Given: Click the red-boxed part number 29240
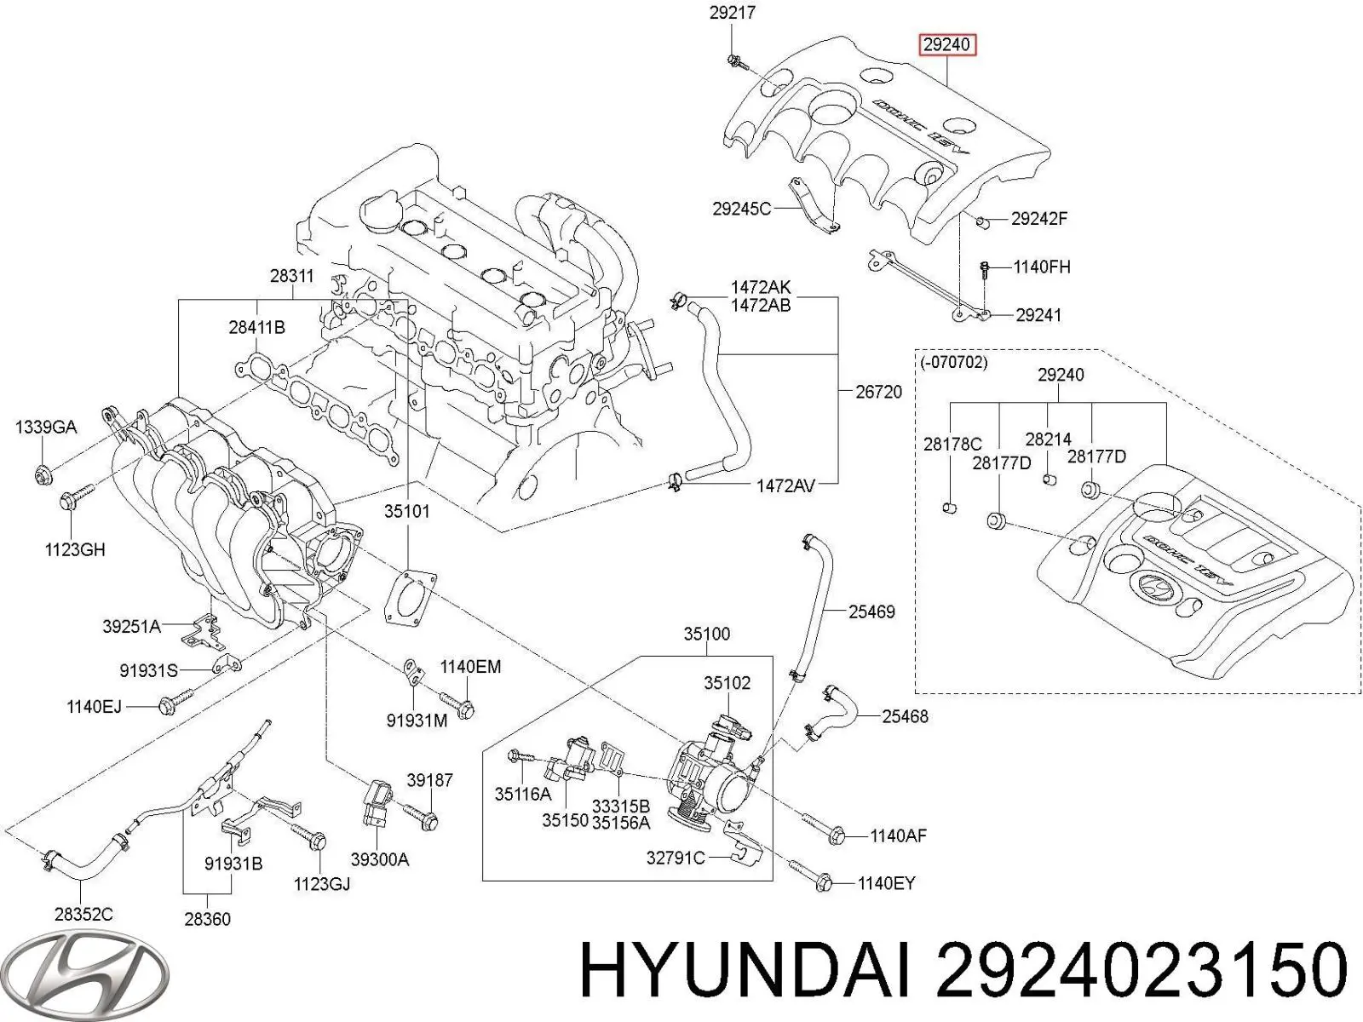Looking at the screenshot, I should click(946, 44).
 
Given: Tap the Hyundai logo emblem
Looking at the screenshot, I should click(106, 973).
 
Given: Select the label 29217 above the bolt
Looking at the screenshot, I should click(732, 13).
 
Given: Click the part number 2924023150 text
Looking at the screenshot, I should click(1142, 972).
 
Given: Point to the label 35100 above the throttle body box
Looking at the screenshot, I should click(706, 634).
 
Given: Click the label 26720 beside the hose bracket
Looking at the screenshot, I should click(878, 393).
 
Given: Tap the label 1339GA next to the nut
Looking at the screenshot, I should click(46, 427).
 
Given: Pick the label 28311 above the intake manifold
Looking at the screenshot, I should click(291, 276).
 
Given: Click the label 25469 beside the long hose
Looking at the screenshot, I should click(871, 611).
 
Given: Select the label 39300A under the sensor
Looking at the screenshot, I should click(380, 860).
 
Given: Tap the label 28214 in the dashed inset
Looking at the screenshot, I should click(1048, 439).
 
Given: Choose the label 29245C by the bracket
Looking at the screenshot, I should click(741, 208).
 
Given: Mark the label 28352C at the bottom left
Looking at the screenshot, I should click(83, 915).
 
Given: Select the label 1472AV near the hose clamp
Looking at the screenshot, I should click(785, 486).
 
